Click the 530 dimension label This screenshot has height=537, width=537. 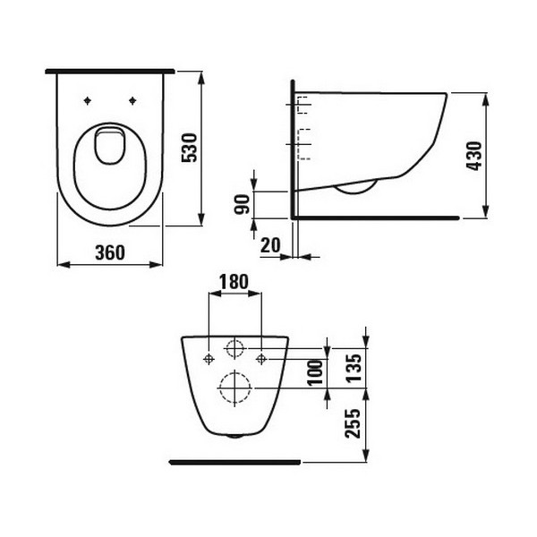coord(188,146)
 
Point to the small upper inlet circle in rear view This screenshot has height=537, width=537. coord(235,348)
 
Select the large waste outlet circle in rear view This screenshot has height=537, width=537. coord(235,387)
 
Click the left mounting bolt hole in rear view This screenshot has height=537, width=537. coord(209,359)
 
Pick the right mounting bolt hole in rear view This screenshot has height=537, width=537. coord(261,359)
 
